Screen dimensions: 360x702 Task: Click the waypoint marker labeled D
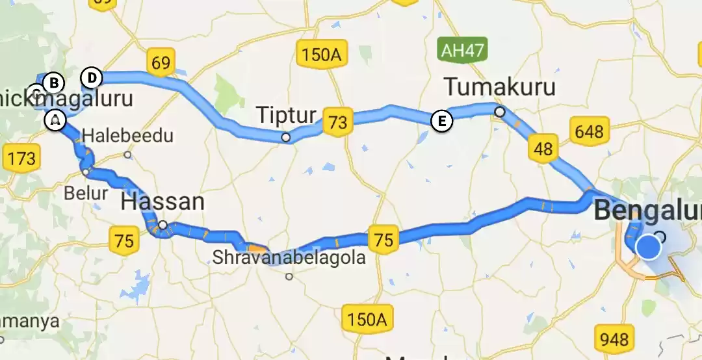pyautogui.click(x=92, y=78)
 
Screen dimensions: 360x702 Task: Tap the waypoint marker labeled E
pyautogui.click(x=441, y=121)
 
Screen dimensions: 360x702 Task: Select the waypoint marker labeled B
pyautogui.click(x=54, y=83)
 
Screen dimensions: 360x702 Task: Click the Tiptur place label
pyautogui.click(x=286, y=116)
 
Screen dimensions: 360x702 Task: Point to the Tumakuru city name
pyautogui.click(x=500, y=86)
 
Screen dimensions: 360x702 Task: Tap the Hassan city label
pyautogui.click(x=162, y=201)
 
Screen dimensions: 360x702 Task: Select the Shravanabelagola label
pyautogui.click(x=289, y=258)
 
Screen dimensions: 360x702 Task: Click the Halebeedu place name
pyautogui.click(x=128, y=136)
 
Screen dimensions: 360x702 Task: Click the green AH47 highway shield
pyautogui.click(x=460, y=49)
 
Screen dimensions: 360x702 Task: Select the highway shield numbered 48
pyautogui.click(x=543, y=148)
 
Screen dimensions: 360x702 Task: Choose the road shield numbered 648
pyautogui.click(x=588, y=132)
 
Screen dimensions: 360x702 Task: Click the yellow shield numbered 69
pyautogui.click(x=161, y=62)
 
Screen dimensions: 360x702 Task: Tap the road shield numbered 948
pyautogui.click(x=614, y=339)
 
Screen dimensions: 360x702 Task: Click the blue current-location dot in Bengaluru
pyautogui.click(x=648, y=248)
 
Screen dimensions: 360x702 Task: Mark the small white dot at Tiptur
pyautogui.click(x=285, y=137)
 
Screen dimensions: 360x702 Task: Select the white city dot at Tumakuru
pyautogui.click(x=499, y=112)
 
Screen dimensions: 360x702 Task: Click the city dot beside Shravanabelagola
pyautogui.click(x=289, y=276)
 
